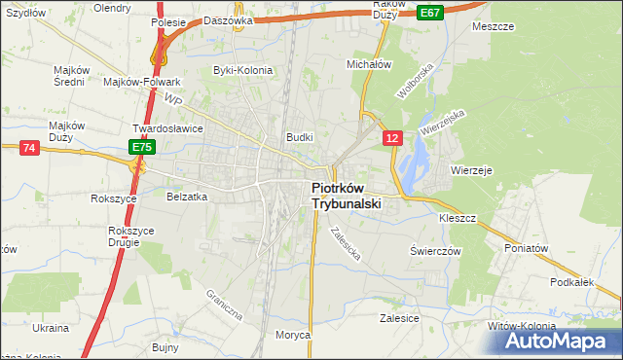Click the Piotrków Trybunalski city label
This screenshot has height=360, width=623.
347,197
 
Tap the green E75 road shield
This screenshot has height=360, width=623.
142,146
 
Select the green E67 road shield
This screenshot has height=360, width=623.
431,12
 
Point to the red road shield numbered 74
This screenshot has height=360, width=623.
28,147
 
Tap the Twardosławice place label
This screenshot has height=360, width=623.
167,127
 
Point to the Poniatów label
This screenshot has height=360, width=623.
528,248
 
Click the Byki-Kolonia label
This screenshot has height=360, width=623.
243,70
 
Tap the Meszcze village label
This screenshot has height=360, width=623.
493,26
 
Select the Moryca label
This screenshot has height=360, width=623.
292,335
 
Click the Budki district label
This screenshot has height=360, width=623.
299,137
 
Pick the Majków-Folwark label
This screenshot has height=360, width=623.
137,82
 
